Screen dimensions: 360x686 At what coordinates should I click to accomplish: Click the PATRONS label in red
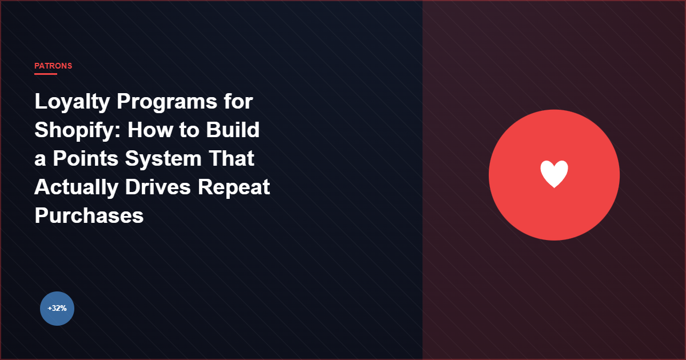(x=53, y=66)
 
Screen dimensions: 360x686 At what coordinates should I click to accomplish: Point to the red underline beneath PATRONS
(x=46, y=74)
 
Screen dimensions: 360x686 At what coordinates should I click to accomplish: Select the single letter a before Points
(x=40, y=160)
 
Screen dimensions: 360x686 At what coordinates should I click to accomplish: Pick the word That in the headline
(x=231, y=159)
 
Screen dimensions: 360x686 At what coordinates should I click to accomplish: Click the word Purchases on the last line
(x=89, y=216)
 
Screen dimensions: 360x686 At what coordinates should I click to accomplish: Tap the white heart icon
(x=554, y=174)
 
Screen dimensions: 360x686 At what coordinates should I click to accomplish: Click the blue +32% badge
(x=57, y=309)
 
